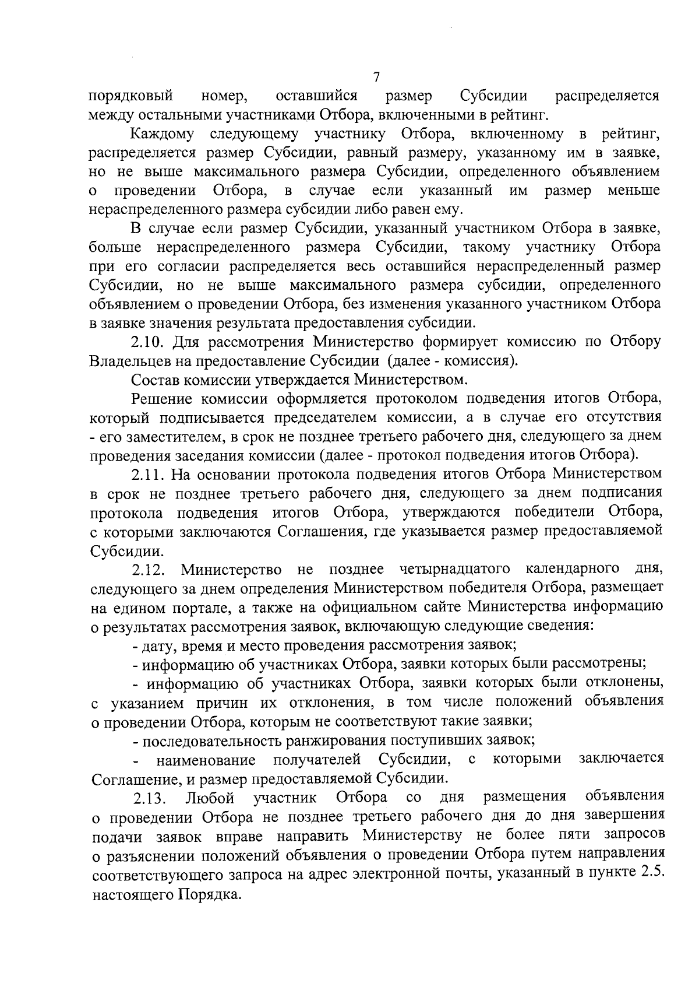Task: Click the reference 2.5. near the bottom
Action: point(652,875)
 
